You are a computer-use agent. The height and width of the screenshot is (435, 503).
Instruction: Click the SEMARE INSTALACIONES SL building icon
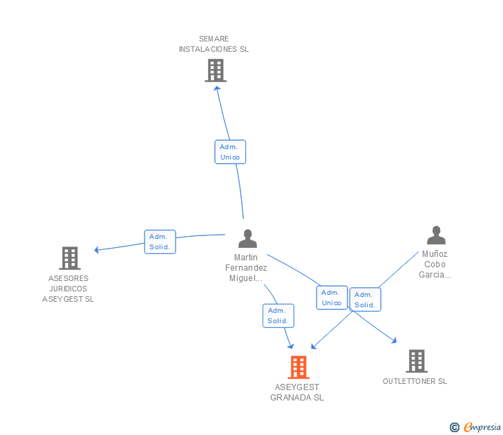216,70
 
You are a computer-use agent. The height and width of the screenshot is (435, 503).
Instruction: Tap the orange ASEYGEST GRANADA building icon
298,367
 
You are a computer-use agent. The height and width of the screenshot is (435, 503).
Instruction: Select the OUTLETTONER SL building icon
417,361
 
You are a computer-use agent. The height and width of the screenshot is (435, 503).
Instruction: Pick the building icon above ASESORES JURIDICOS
70,258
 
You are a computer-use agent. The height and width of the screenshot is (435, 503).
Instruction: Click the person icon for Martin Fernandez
247,238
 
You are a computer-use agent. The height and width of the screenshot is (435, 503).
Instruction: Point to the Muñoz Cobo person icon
436,235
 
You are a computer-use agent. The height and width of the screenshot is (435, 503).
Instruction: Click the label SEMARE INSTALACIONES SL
213,44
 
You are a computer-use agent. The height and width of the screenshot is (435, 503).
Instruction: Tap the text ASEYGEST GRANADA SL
297,392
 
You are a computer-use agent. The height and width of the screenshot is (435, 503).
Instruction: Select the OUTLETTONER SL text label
415,381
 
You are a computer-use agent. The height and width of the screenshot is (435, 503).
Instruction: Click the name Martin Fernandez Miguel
246,268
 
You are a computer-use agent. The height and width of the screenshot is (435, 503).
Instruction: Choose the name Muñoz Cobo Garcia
435,264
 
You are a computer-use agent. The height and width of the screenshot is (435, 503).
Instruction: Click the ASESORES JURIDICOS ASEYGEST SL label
68,289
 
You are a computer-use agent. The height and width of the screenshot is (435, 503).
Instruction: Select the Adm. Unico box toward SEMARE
230,152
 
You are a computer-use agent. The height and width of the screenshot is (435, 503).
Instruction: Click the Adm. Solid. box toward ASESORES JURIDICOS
160,242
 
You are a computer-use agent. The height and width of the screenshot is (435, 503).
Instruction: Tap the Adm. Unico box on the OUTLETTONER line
332,298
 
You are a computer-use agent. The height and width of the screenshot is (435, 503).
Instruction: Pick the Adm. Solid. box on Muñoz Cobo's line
365,300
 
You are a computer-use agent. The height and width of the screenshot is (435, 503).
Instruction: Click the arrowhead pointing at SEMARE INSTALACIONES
217,88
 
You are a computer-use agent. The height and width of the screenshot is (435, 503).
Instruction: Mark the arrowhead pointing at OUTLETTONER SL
394,340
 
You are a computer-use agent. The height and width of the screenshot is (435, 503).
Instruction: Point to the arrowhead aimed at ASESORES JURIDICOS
97,250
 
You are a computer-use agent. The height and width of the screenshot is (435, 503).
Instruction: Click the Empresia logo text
482,427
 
